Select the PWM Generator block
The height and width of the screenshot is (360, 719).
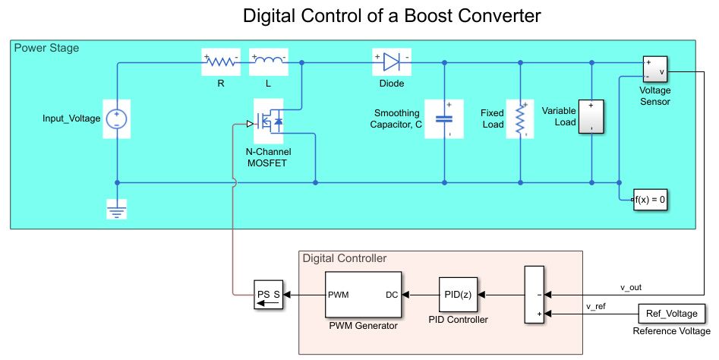(x=363, y=294)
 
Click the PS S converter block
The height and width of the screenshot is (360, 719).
(x=267, y=294)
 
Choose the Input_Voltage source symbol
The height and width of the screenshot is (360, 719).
(x=118, y=118)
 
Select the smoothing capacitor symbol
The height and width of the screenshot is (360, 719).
(x=443, y=118)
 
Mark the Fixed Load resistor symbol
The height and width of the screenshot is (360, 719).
(x=521, y=118)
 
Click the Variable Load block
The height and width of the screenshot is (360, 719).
(x=591, y=117)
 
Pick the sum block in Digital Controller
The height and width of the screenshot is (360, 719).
(x=534, y=295)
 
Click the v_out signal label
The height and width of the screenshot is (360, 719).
(x=632, y=287)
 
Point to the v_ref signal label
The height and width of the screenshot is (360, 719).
(x=596, y=306)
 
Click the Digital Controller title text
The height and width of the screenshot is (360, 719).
(x=345, y=257)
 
